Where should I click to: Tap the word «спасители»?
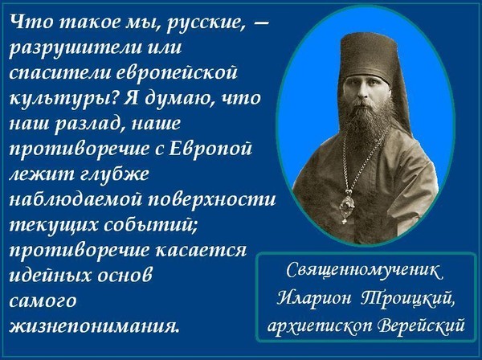(x=59, y=73)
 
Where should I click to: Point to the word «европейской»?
(x=178, y=73)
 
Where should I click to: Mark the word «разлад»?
(x=88, y=124)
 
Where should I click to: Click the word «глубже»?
(x=115, y=174)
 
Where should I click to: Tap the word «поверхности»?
(x=212, y=199)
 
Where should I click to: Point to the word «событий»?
(x=150, y=225)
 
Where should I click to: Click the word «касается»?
(x=201, y=250)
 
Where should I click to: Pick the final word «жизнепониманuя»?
(x=94, y=325)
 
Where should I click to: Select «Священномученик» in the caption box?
(x=365, y=270)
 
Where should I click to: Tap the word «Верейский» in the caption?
(x=421, y=325)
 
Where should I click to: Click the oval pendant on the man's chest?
(x=348, y=206)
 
